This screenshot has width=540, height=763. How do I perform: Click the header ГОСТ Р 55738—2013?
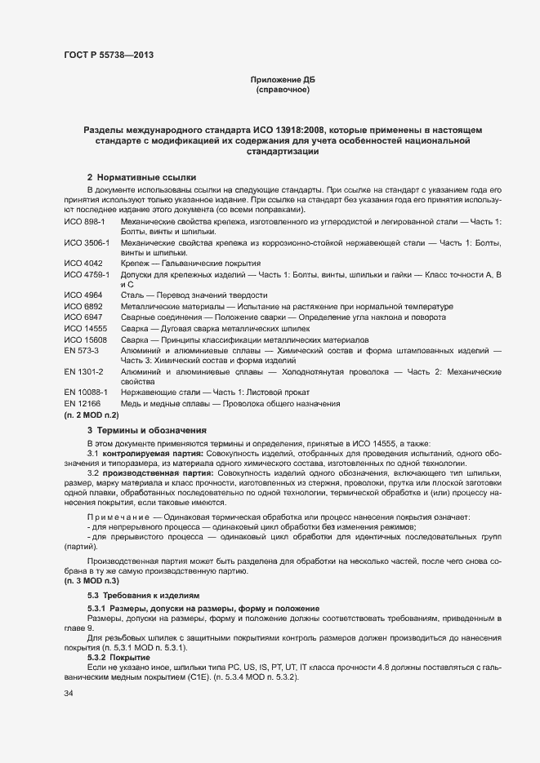point(108,55)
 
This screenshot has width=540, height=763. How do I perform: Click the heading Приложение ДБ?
point(282,79)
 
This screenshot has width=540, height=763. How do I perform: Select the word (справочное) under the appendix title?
point(282,90)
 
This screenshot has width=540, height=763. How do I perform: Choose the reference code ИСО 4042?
point(83,264)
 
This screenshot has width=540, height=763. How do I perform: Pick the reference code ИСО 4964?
point(83,295)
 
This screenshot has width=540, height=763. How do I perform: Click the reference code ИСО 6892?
point(83,306)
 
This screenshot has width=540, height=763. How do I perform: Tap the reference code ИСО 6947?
point(83,317)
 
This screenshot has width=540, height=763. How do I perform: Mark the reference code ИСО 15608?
point(85,339)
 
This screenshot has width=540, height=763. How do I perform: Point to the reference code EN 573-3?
point(81,349)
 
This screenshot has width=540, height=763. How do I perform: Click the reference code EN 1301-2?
point(83,371)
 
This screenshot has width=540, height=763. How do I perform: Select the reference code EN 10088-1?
point(86,393)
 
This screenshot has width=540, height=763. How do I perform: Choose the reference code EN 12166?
point(82,404)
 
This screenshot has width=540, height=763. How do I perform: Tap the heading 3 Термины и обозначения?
point(147,429)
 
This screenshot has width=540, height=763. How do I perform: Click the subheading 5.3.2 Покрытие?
point(118,657)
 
